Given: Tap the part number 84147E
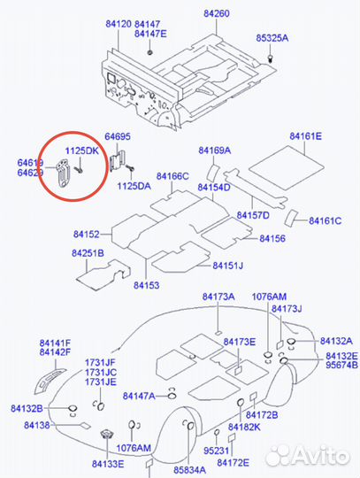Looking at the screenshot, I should pos(150,34).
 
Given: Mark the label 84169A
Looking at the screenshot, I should pos(214,151).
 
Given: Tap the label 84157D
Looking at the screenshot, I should pos(253,216).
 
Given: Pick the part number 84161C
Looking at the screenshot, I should pos(326,220).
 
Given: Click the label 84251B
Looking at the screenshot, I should pos(88,253).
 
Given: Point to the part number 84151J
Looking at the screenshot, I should pos(227,266).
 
